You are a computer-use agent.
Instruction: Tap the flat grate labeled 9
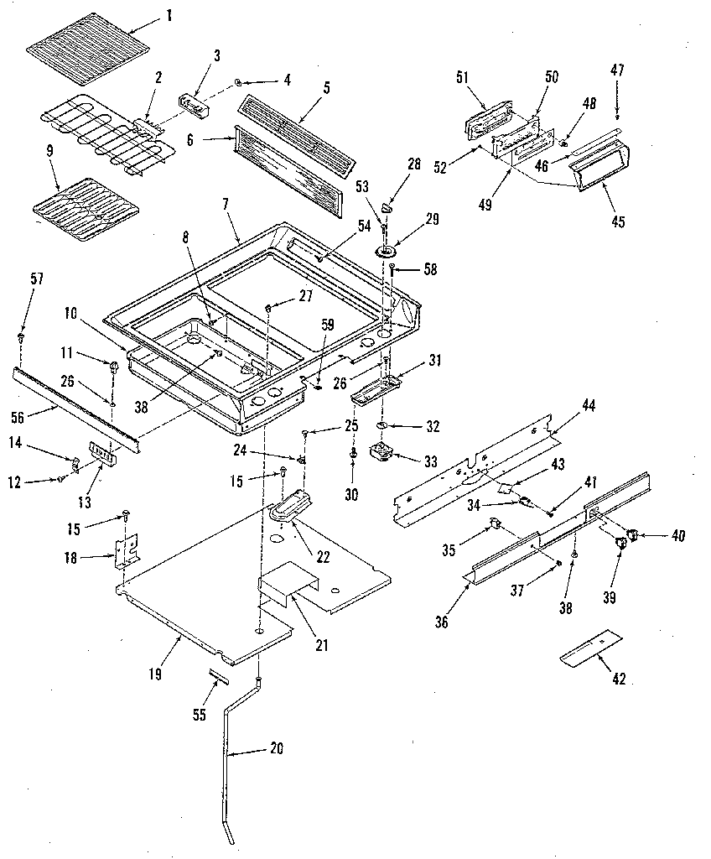pos(81,208)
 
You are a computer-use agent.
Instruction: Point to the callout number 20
pos(274,748)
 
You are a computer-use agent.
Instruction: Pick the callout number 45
pos(618,221)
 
